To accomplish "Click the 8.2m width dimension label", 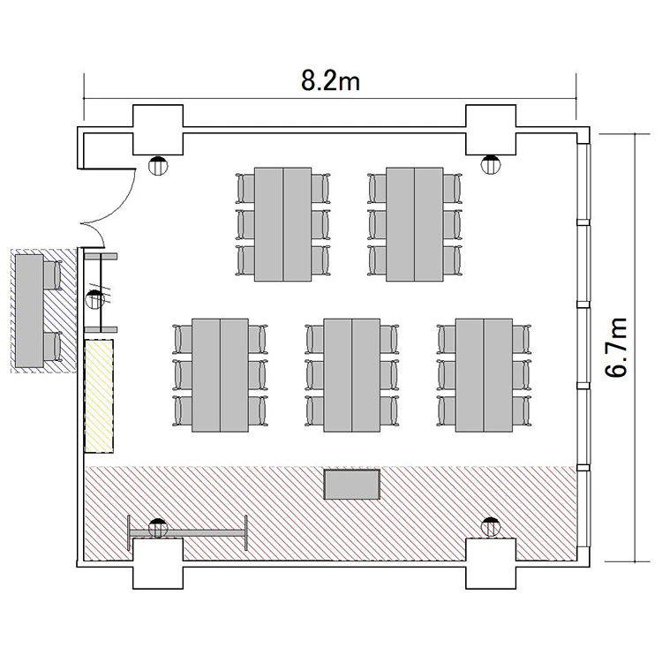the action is pos(331,80).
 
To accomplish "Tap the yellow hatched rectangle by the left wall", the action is pos(99,396).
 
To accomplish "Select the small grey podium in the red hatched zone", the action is pos(352,485).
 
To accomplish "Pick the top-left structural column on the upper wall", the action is pos(158,130).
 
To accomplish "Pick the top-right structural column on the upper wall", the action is pos(491,130).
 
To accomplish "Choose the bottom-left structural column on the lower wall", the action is pos(158,564).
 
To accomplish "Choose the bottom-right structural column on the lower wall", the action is pos(491,564).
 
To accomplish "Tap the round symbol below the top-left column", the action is pos(158,166).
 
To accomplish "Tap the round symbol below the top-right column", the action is pos(491,165).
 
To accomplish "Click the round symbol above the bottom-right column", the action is pos(491,527).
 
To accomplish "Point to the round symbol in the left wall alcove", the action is pos(95,299).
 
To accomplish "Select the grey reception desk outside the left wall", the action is pos(29,311).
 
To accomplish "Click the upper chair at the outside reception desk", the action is pos(52,275).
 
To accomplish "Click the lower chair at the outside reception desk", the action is pos(52,347).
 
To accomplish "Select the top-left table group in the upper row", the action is pos(282,224).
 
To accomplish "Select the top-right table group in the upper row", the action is pos(415,224).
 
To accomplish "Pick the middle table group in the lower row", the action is pos(351,375).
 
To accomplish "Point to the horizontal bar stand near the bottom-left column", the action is pos(187,533).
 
